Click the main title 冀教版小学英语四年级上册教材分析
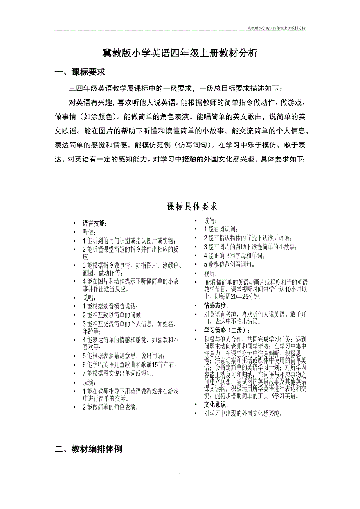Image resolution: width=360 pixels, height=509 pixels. click(x=180, y=54)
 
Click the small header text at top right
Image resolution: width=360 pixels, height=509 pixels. click(x=277, y=28)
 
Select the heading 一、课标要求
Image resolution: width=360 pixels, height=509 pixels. click(x=80, y=72)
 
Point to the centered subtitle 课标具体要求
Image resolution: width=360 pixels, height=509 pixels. click(x=192, y=206)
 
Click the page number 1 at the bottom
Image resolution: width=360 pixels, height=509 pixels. click(x=180, y=475)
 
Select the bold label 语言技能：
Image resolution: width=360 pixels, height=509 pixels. click(x=95, y=224)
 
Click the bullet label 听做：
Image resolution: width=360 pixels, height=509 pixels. click(x=89, y=232)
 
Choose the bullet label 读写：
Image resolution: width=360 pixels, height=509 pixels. click(x=211, y=221)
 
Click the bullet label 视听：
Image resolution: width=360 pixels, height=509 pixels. click(x=211, y=274)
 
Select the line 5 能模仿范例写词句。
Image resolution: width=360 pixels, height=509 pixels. click(x=229, y=265)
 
